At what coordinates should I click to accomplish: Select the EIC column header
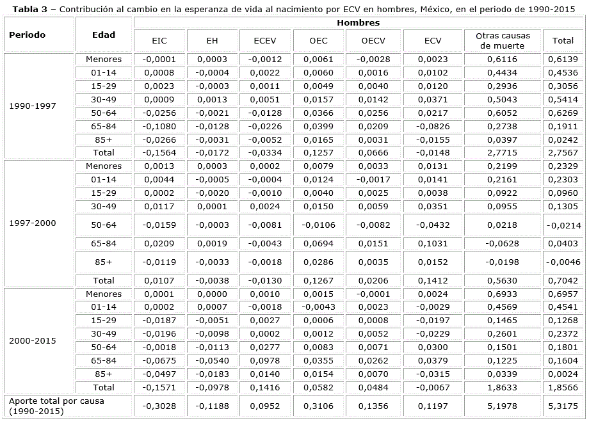[159, 41]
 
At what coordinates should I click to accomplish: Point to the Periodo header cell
[27, 35]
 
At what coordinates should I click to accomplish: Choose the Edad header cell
[104, 35]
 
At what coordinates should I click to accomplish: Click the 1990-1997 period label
[33, 106]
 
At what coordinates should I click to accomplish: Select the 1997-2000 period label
[33, 223]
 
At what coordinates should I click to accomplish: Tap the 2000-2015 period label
[33, 341]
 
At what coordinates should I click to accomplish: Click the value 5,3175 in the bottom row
[563, 405]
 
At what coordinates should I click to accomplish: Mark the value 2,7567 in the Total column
[563, 153]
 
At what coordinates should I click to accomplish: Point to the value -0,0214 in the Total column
[563, 225]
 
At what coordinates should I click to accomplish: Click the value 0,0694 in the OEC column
[318, 244]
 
